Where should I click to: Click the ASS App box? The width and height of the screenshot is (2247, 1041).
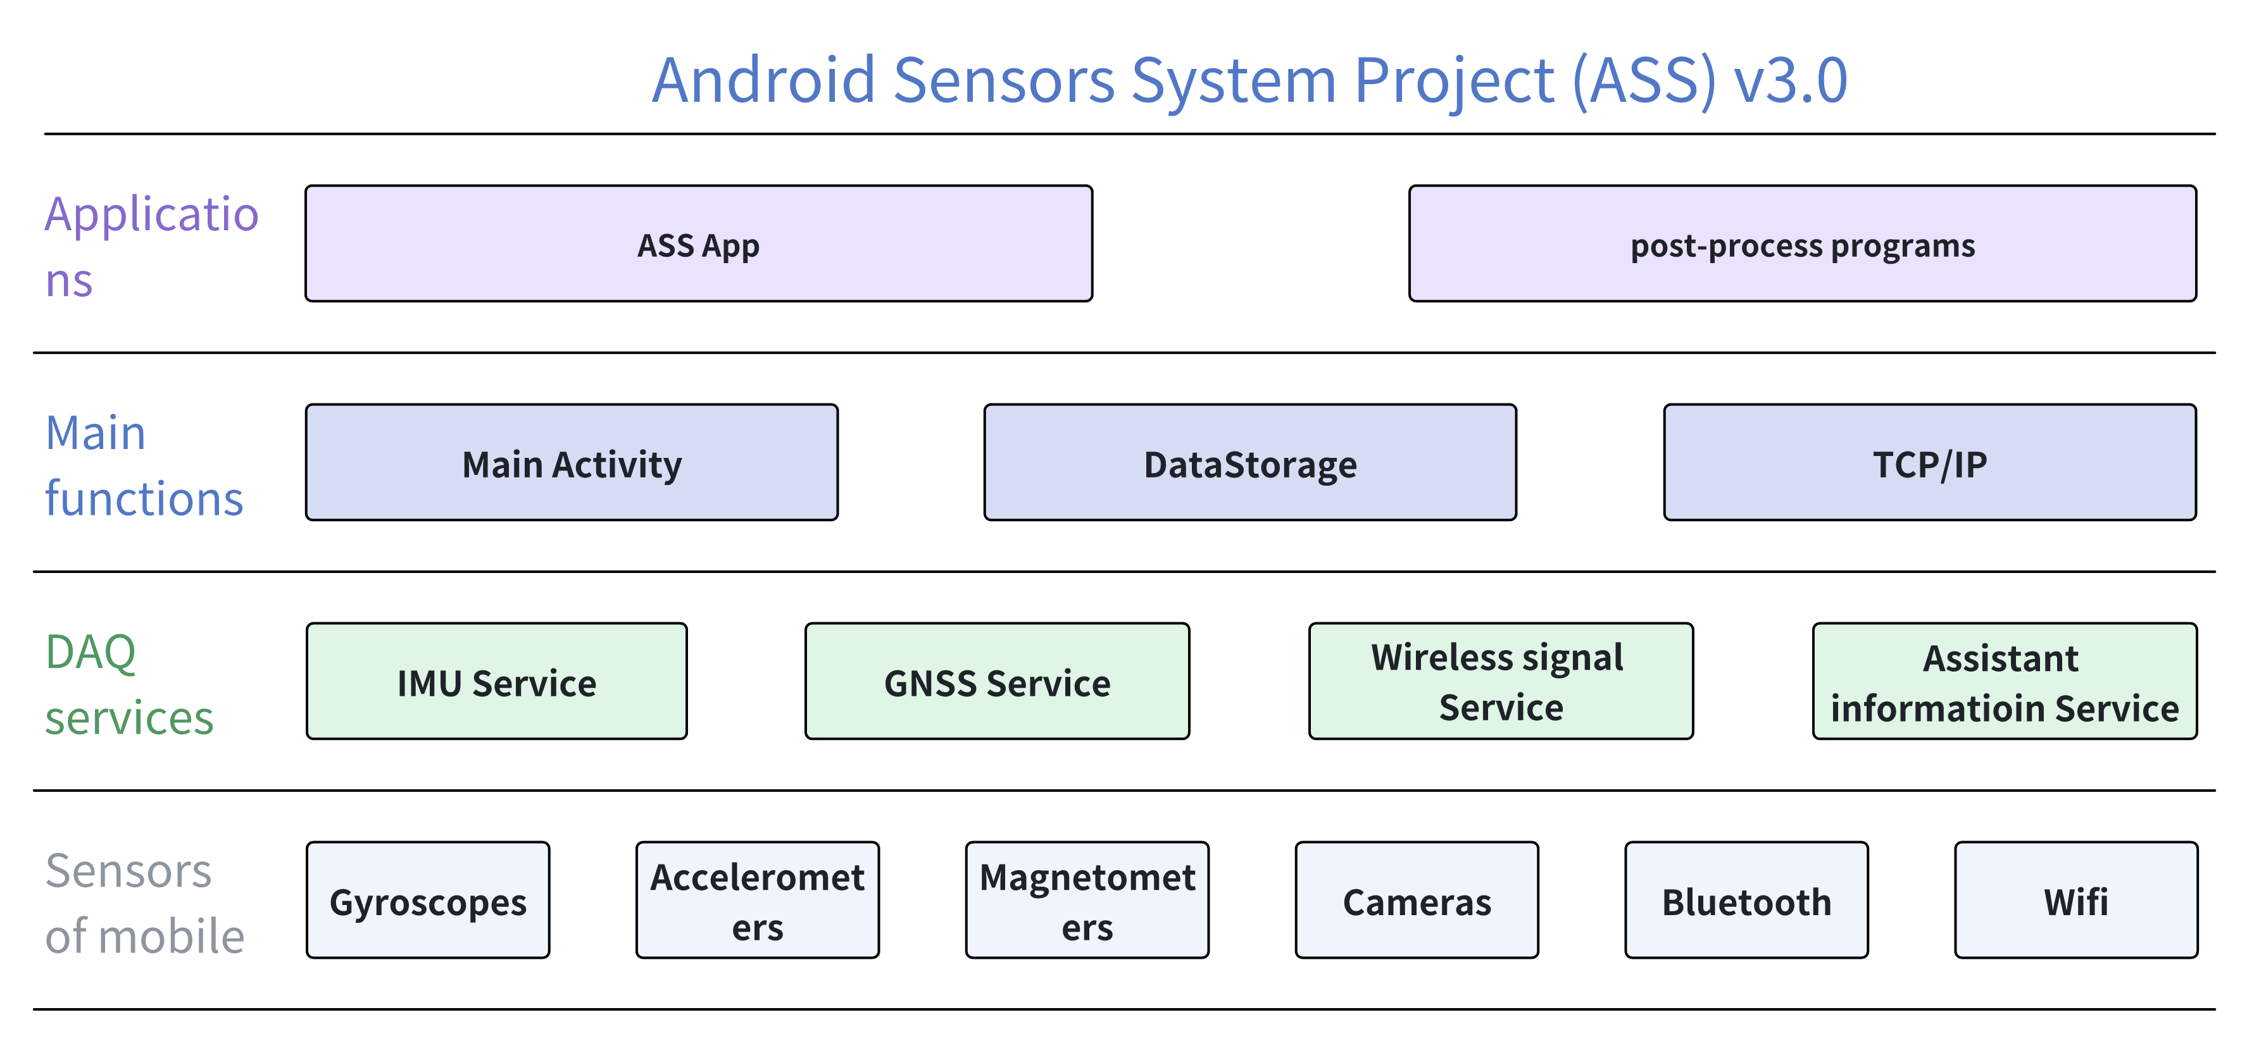tap(699, 243)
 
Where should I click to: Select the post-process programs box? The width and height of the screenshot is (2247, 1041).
tap(1802, 243)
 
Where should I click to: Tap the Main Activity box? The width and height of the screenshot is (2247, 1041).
tap(572, 462)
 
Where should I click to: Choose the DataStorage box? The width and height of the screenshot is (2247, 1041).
tap(1250, 462)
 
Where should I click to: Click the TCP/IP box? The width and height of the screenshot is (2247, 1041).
tap(1929, 462)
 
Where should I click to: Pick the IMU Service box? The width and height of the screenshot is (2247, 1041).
tap(496, 681)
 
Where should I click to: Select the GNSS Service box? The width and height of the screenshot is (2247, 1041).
tap(997, 681)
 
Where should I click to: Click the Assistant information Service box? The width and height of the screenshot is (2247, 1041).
tap(2005, 681)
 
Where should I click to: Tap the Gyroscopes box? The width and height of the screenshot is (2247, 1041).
tap(427, 900)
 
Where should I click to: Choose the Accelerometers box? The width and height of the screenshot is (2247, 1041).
tap(757, 900)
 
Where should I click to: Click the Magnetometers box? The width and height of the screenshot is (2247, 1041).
tap(1087, 900)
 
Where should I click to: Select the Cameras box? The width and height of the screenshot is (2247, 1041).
tap(1417, 900)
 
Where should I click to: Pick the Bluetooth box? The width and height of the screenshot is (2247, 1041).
tap(1746, 900)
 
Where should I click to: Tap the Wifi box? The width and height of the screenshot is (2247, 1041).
tap(2076, 900)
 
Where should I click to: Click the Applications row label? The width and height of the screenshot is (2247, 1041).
tap(152, 246)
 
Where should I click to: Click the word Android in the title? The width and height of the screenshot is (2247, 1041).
tap(763, 80)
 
